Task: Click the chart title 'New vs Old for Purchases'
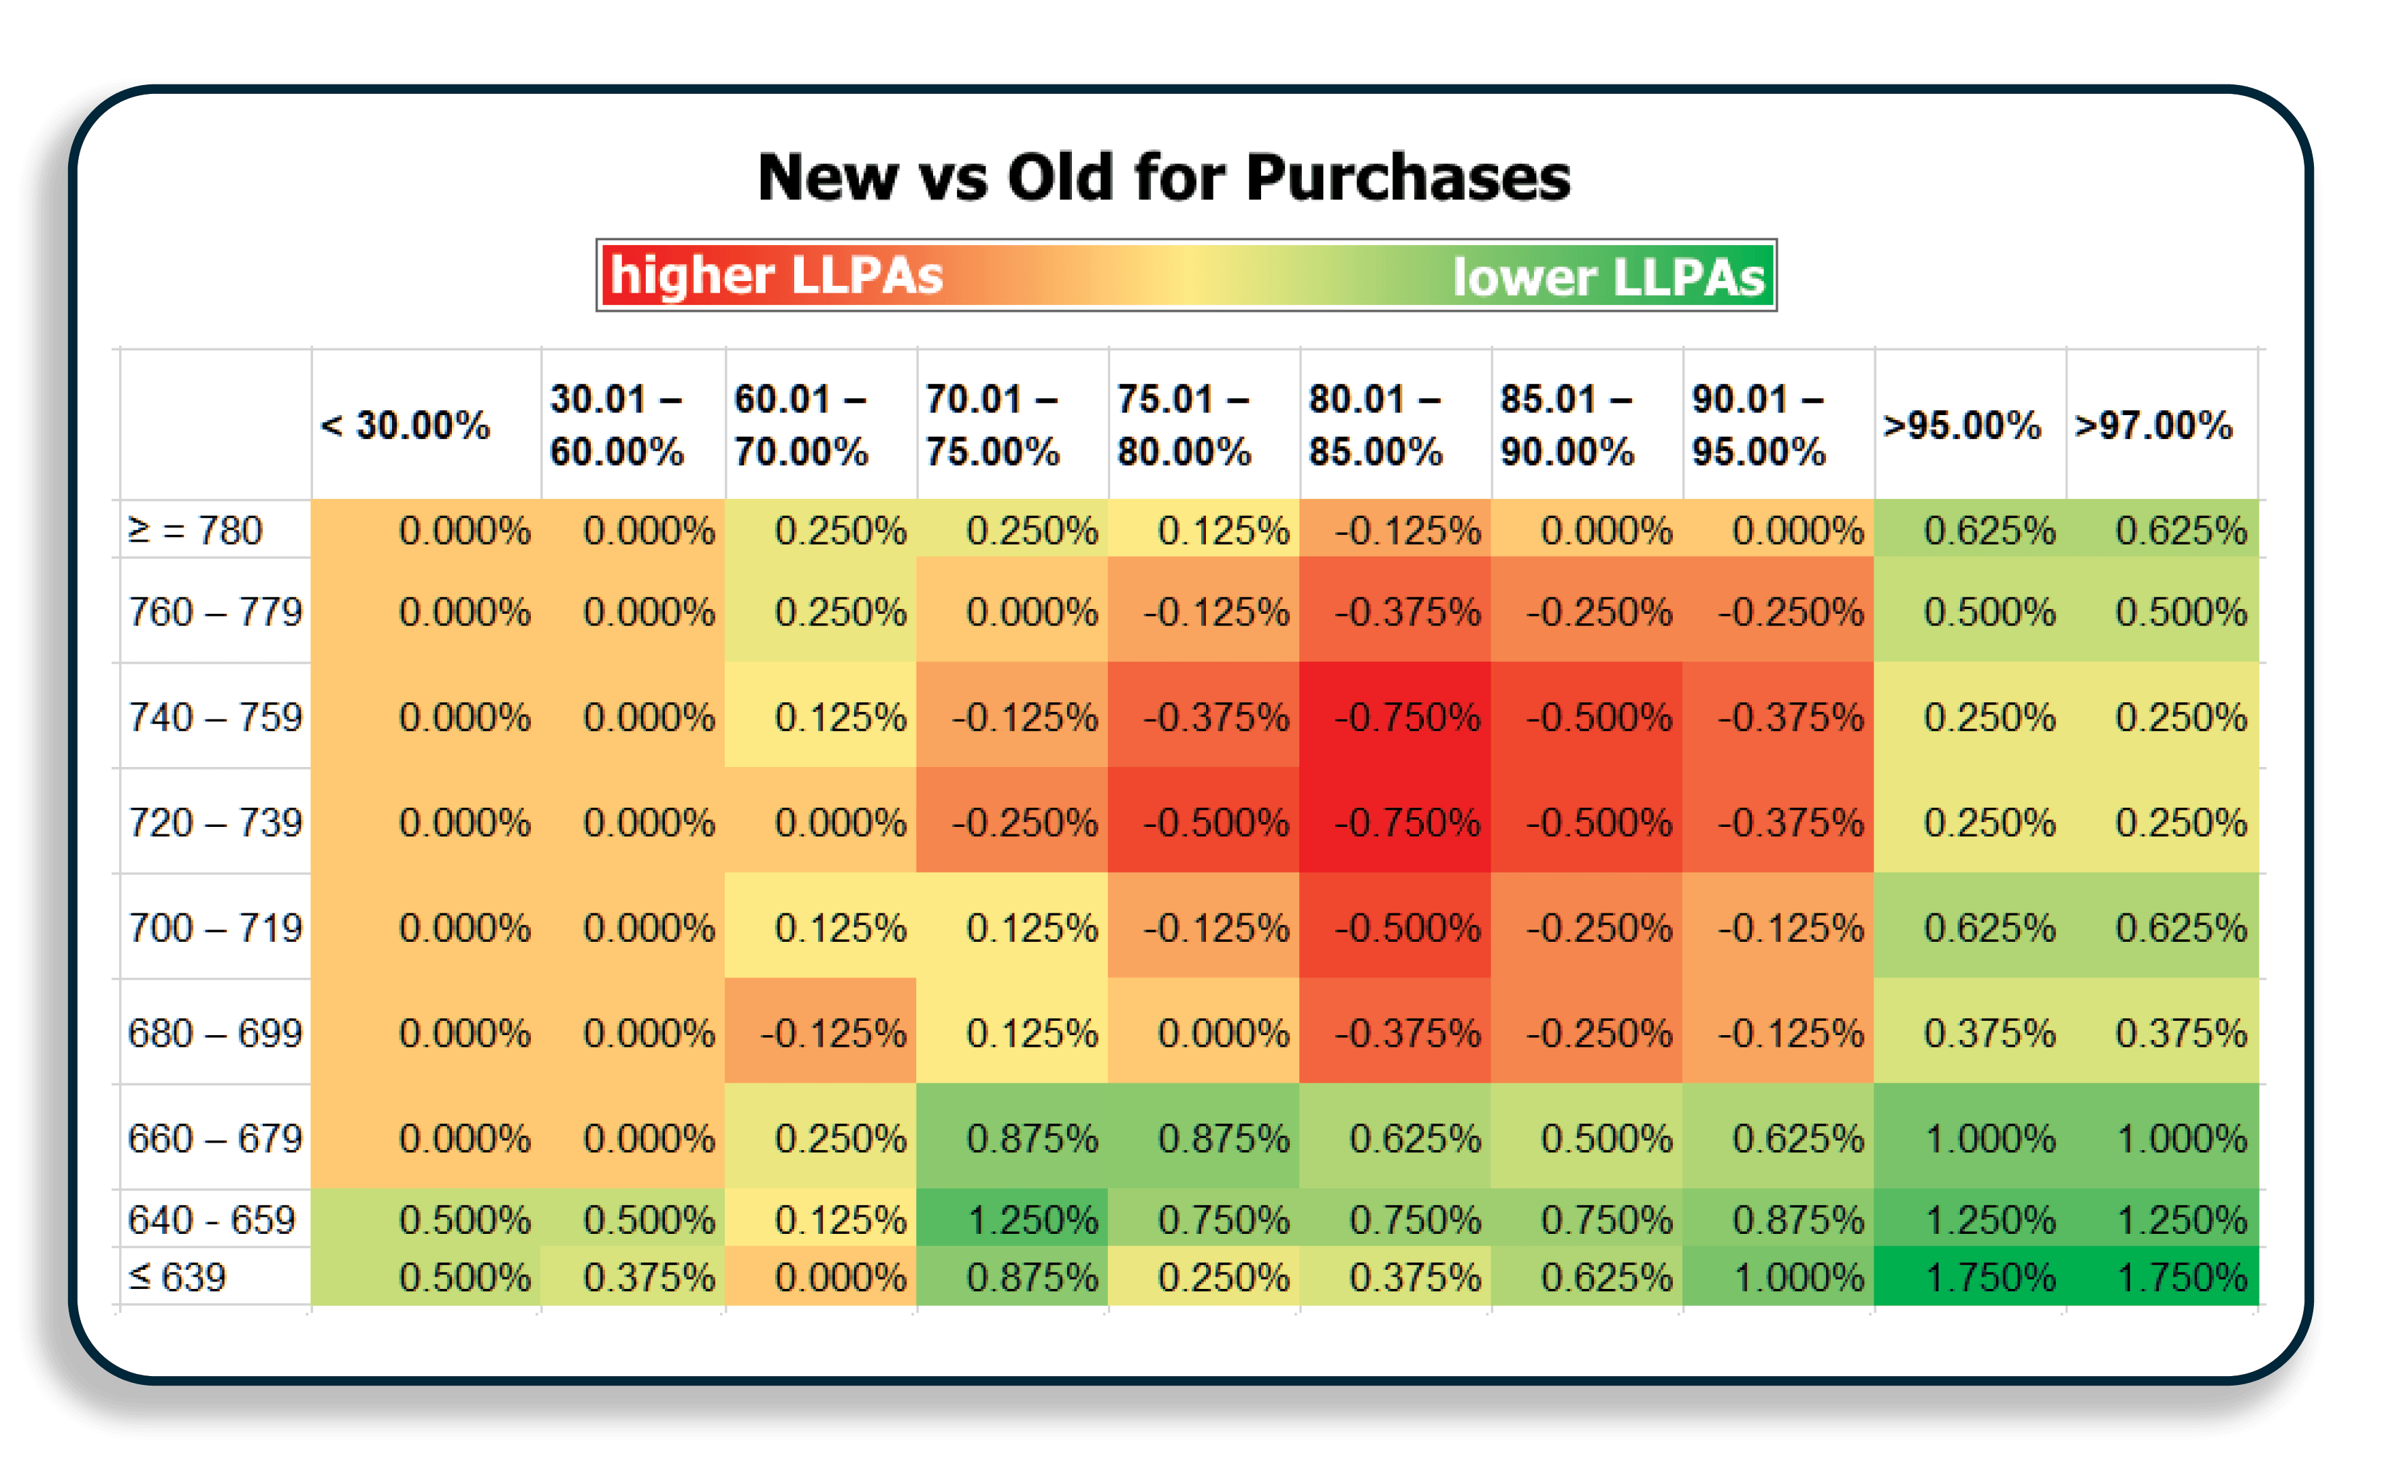tap(1164, 178)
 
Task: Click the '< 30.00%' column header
tap(406, 425)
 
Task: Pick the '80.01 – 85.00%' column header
tap(1375, 425)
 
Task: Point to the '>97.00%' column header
tap(2153, 425)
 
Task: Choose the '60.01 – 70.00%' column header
tap(800, 425)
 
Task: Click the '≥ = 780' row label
tap(195, 531)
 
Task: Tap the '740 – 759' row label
tap(215, 717)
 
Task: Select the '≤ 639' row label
tap(177, 1277)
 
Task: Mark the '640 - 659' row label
tap(211, 1219)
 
